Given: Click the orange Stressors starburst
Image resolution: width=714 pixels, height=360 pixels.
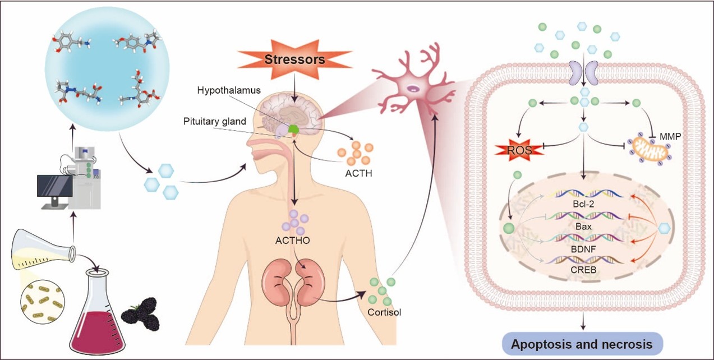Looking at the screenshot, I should (287, 58).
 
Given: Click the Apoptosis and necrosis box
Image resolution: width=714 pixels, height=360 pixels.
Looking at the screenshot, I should (582, 342).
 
